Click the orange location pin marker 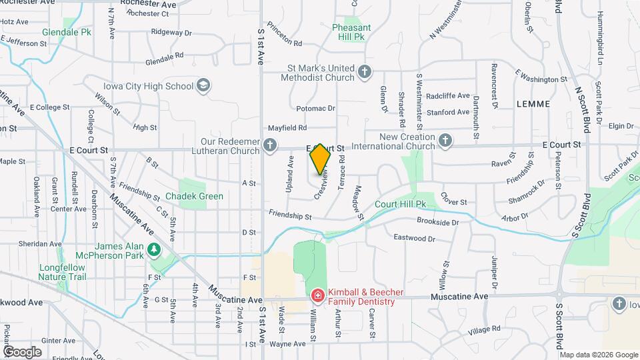pyautogui.click(x=320, y=159)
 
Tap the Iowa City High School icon pyautogui.click(x=203, y=86)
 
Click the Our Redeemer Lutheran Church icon pyautogui.click(x=269, y=145)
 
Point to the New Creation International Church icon pyautogui.click(x=445, y=141)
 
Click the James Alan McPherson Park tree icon pyautogui.click(x=155, y=249)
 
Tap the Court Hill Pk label pyautogui.click(x=400, y=203)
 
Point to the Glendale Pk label pyautogui.click(x=67, y=32)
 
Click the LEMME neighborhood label pyautogui.click(x=533, y=104)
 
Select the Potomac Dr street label pyautogui.click(x=315, y=108)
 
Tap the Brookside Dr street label pyautogui.click(x=438, y=222)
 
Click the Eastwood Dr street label pyautogui.click(x=414, y=238)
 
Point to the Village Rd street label pyautogui.click(x=483, y=331)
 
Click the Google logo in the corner pyautogui.click(x=22, y=351)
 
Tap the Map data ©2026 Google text pyautogui.click(x=598, y=355)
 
